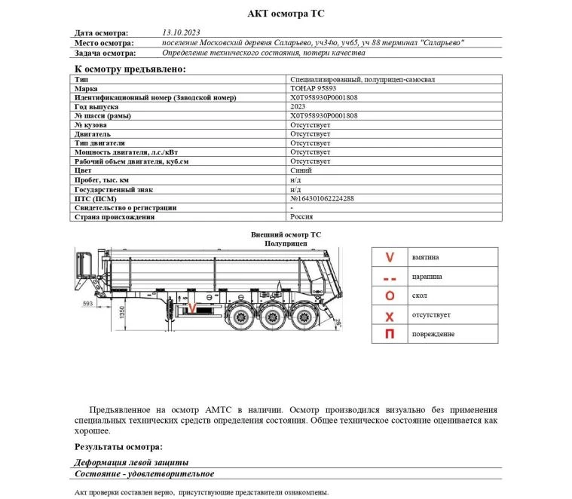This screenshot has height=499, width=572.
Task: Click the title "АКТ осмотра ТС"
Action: coord(286,14)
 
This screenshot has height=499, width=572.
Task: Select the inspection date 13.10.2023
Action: coord(181,33)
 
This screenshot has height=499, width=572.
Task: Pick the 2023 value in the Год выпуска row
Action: coord(298,107)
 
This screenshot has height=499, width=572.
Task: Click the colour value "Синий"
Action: coord(301,170)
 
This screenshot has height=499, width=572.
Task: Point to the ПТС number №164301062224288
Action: coord(322,198)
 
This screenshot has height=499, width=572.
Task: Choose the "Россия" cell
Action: coord(301,216)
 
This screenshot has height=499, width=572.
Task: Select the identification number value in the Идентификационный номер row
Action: coord(323,98)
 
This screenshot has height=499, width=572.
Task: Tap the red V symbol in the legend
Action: coord(390,257)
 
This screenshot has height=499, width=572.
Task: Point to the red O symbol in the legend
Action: coord(390,295)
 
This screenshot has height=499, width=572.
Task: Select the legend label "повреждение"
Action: coord(433,334)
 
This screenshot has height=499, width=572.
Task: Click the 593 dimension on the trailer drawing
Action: coord(87,304)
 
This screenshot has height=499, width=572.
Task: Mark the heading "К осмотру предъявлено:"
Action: coord(130,69)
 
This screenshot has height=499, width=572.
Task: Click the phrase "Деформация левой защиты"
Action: coord(131,462)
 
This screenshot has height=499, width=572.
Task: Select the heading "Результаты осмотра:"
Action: coord(119,446)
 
